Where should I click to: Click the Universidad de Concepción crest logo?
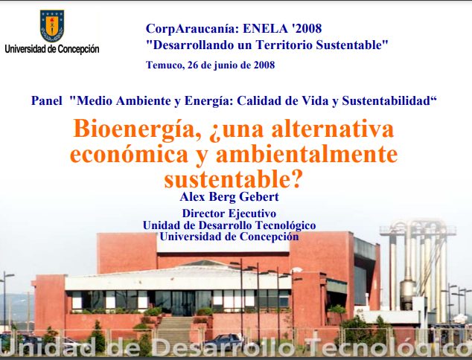tap(52, 26)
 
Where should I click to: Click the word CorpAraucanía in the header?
tap(192, 28)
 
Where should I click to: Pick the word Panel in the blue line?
tap(47, 100)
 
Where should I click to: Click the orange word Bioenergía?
tap(137, 129)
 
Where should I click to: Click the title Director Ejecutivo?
tap(229, 213)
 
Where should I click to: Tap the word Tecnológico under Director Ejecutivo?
tap(285, 225)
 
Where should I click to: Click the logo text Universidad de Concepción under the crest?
tap(52, 49)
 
